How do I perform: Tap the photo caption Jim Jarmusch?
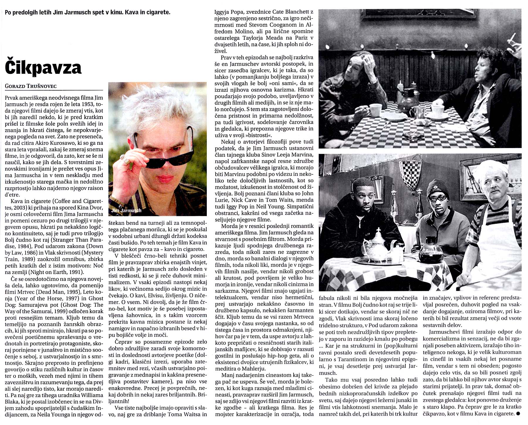click(126, 210)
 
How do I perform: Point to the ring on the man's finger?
click(127, 161)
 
